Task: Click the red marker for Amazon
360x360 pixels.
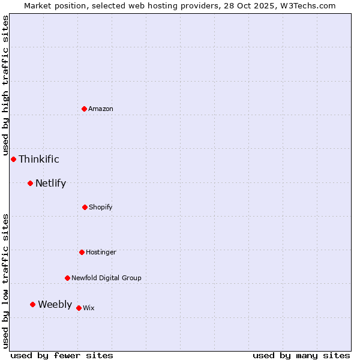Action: tap(85, 109)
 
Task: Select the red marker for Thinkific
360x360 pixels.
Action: tap(14, 159)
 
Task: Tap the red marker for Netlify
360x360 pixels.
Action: tap(31, 183)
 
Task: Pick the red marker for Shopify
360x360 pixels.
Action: tap(85, 207)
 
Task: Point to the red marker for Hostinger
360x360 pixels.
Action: tap(82, 252)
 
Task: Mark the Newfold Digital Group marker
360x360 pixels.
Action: tap(67, 278)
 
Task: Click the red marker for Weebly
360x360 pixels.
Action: tap(33, 304)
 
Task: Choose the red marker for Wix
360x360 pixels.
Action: tap(79, 308)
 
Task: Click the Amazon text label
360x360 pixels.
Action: tap(101, 109)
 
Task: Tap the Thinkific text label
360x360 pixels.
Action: tap(39, 159)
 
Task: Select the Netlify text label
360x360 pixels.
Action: tap(51, 183)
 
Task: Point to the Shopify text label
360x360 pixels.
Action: tap(101, 207)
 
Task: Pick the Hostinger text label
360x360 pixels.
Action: tap(101, 252)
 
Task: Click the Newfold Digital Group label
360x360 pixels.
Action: tap(107, 278)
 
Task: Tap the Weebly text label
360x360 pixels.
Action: tap(55, 304)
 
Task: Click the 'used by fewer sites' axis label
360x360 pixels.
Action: tap(62, 355)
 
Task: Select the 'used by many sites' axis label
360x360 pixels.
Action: tap(301, 355)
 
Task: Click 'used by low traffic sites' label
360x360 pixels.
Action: tap(5, 280)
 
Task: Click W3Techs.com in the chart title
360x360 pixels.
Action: tap(305, 5)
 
